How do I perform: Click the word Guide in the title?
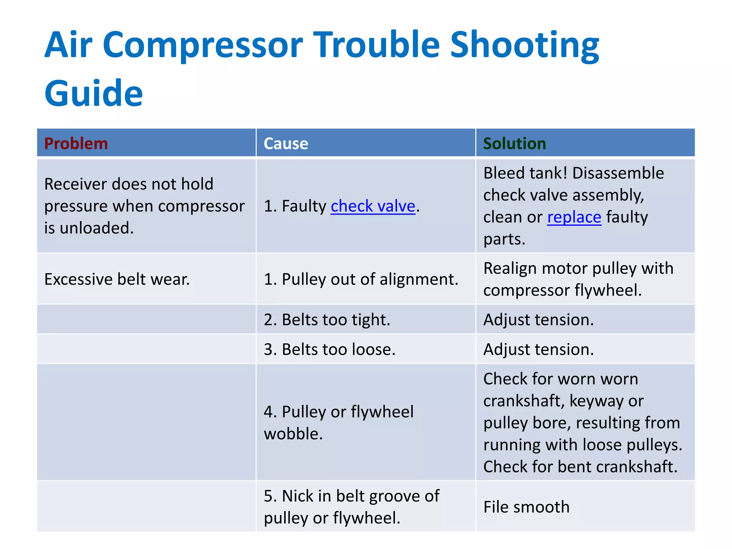pos(94,93)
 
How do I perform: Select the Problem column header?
pos(76,144)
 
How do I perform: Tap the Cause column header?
pos(286,144)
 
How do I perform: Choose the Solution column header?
pos(514,144)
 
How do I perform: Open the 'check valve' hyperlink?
pos(373,206)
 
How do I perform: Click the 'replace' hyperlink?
pos(574,217)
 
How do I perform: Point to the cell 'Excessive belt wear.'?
pos(117,279)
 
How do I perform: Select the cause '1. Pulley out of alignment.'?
pos(361,279)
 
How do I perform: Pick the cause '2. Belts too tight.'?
pos(327,320)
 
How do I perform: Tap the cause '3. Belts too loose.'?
pos(330,349)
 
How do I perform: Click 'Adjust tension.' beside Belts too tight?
pos(538,320)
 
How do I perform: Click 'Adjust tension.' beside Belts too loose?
pos(538,349)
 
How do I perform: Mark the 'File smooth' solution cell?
pos(526,507)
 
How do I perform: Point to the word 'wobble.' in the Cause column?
pos(293,434)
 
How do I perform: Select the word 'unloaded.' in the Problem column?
pos(97,228)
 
